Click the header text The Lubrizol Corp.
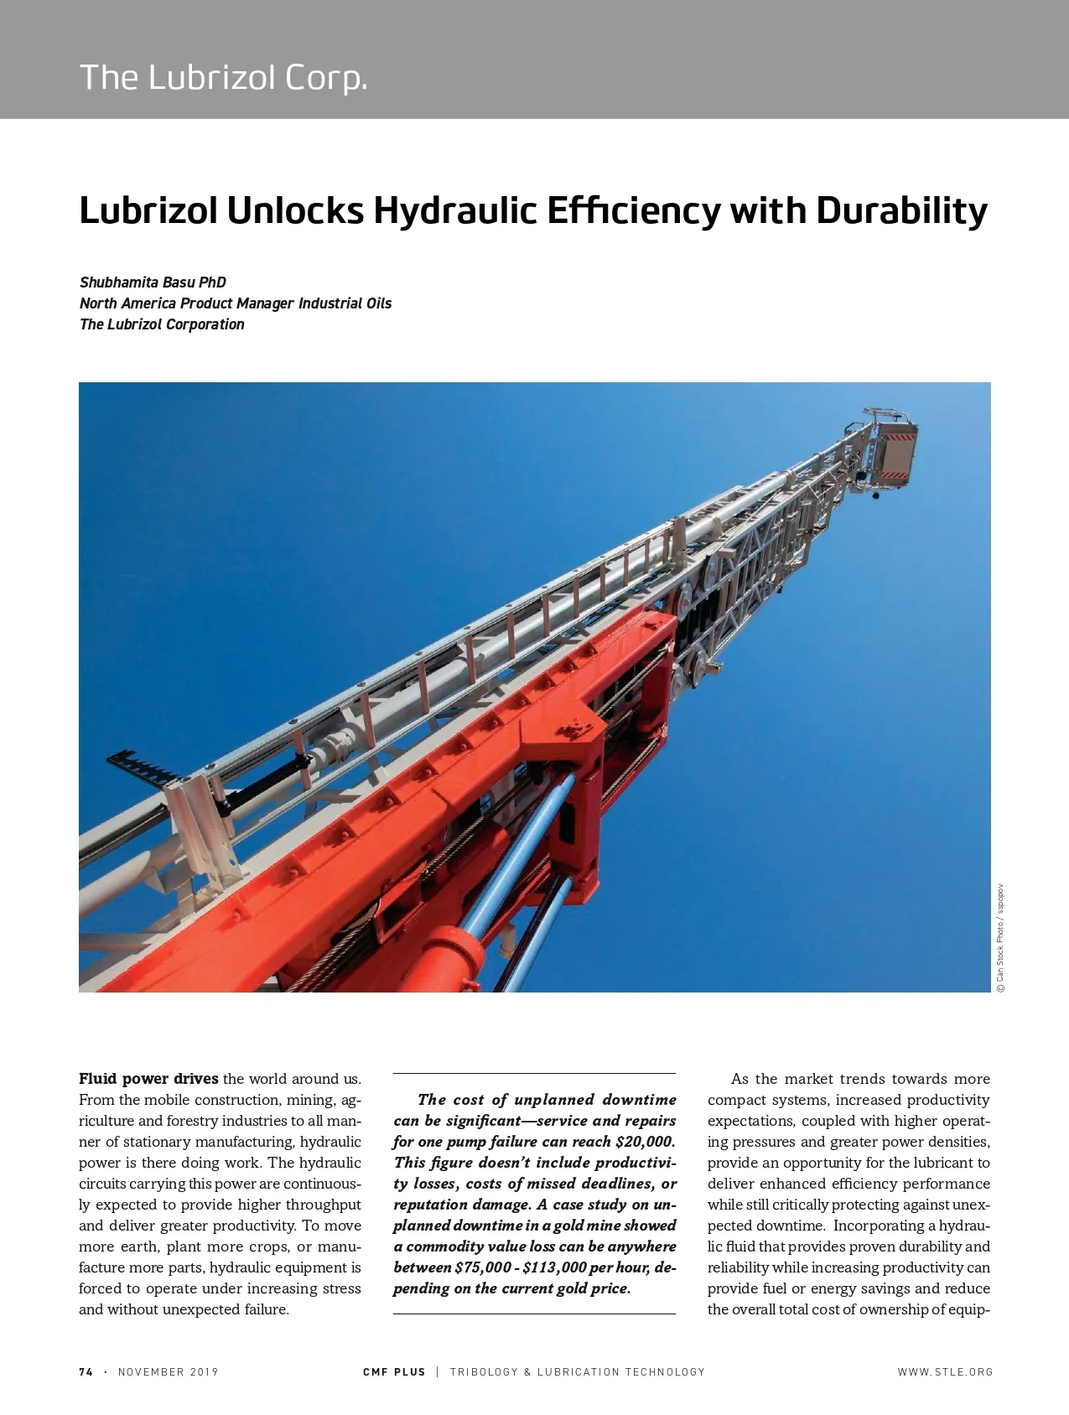223,77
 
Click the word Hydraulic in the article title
453,210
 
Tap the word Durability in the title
901,210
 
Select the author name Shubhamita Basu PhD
153,282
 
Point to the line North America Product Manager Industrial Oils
236,303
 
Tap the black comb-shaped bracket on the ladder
146,766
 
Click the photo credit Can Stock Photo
1000,939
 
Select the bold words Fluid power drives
148,1079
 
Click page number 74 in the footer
86,1372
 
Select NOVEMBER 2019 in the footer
168,1372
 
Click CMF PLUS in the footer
394,1372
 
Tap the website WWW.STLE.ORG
945,1372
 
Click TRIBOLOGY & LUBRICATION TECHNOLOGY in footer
578,1372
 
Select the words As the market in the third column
782,1079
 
